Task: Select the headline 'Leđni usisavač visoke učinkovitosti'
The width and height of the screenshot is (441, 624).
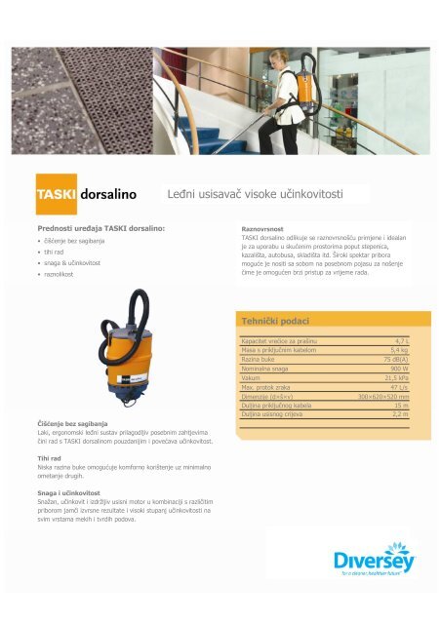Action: [255, 194]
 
